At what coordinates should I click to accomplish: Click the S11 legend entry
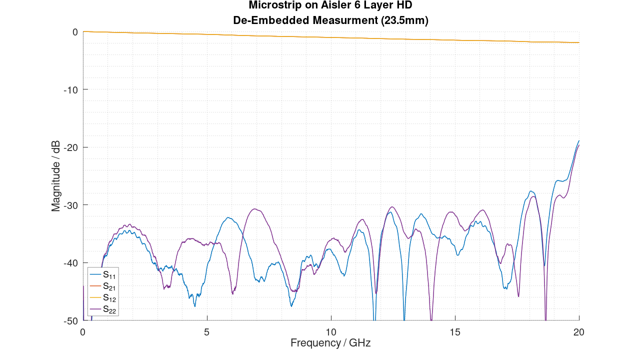(109, 274)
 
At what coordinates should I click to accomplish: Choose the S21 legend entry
(109, 286)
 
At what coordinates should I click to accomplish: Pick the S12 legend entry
(109, 298)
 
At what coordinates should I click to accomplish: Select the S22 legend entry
(109, 309)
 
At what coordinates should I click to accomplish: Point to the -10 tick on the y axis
(71, 89)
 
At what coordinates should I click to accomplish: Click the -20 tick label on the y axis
(71, 147)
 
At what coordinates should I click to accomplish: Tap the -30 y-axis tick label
(71, 205)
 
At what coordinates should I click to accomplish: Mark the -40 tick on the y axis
(71, 263)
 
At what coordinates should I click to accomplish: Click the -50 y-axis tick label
(71, 320)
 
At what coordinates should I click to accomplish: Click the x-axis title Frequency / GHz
(330, 343)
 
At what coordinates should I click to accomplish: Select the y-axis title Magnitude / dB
(56, 176)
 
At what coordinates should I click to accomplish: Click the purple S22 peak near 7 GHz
(255, 209)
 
